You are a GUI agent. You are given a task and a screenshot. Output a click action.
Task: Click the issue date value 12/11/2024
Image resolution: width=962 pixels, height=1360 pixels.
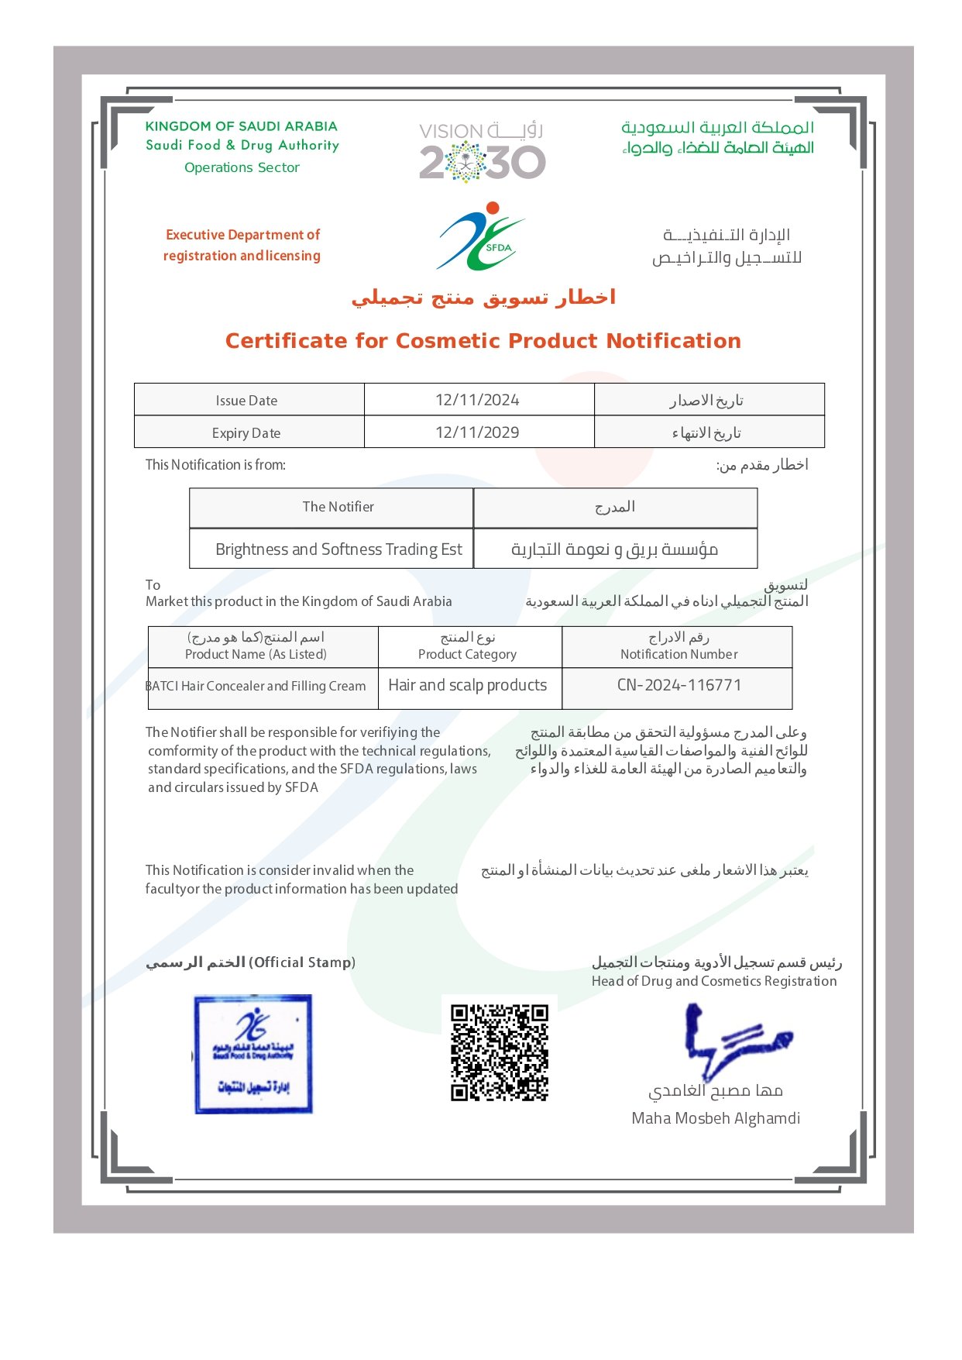click(477, 400)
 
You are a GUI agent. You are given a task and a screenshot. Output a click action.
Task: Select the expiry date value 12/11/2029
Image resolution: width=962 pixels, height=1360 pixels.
click(477, 432)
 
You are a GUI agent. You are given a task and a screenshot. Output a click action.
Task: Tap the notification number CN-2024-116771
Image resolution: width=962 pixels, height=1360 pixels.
click(679, 685)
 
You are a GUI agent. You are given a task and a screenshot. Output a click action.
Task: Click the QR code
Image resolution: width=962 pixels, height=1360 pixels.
click(500, 1052)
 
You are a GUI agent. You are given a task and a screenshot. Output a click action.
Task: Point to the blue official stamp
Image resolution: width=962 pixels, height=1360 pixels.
click(253, 1054)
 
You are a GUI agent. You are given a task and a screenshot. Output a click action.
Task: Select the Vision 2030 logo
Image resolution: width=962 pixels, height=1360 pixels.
click(482, 152)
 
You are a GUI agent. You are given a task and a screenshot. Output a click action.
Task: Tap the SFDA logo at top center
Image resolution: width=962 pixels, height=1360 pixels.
click(481, 236)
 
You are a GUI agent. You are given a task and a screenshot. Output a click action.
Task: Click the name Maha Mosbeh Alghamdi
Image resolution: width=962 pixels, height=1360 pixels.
click(716, 1118)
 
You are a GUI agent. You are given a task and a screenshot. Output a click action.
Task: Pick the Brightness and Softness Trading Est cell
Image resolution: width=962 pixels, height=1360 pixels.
click(338, 549)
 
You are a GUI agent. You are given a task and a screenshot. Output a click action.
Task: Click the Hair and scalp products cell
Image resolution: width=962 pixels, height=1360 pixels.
click(468, 685)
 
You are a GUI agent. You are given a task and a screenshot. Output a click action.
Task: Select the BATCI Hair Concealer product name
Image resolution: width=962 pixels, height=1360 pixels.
click(256, 686)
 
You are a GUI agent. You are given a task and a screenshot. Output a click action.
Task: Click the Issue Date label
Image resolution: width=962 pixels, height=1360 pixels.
click(246, 401)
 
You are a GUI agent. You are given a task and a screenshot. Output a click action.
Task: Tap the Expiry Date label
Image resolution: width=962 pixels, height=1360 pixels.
click(246, 433)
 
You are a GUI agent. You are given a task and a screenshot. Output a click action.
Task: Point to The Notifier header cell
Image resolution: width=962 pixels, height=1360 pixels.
click(338, 507)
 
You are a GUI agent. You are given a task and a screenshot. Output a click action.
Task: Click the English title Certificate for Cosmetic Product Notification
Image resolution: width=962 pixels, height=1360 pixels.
click(483, 341)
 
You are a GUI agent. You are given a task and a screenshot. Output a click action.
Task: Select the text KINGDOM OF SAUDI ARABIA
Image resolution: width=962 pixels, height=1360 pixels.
click(241, 126)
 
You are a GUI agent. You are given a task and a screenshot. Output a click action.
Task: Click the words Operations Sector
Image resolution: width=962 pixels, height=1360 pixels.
click(242, 167)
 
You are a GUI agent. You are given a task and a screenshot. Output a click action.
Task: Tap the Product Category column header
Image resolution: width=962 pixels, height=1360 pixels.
click(467, 654)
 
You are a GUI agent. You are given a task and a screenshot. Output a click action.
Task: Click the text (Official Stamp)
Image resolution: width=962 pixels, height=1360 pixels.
click(302, 962)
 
